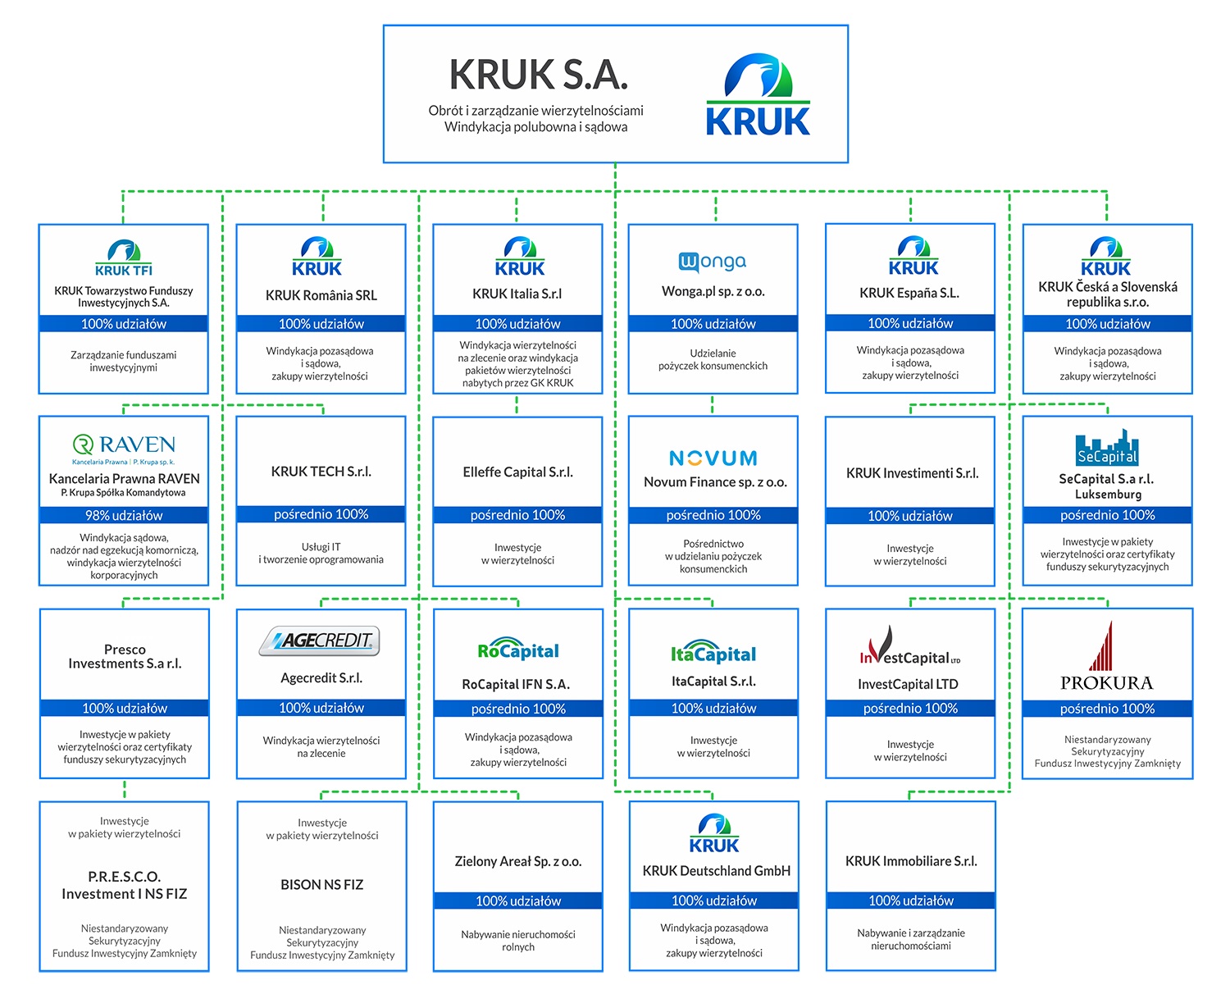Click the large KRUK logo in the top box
tap(758, 94)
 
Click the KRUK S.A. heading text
tap(538, 75)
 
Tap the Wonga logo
tap(712, 262)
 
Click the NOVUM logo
tap(713, 458)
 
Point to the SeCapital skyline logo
tap(1106, 448)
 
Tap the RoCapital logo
tap(518, 650)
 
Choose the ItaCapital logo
tap(713, 652)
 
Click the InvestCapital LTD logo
tap(910, 646)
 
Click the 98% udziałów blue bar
tap(124, 515)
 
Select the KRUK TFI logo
tap(124, 258)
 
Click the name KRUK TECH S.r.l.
tap(321, 471)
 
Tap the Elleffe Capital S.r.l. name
tap(517, 472)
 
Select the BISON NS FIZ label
tap(321, 884)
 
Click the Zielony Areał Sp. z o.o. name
tap(518, 861)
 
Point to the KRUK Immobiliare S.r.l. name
tap(911, 860)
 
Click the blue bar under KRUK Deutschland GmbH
tap(713, 901)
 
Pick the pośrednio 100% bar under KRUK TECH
tap(321, 514)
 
